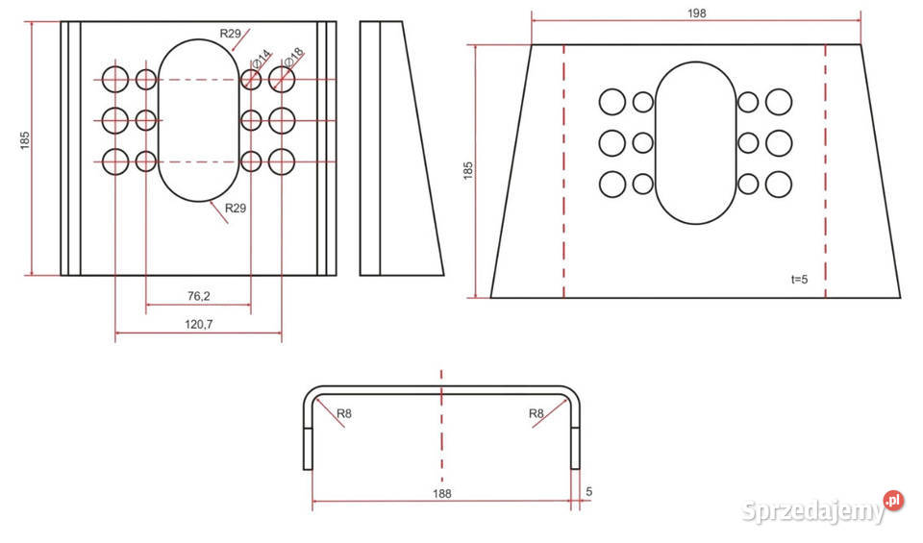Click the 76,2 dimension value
tap(198, 296)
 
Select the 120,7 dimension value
tap(198, 324)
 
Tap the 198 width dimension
tap(696, 12)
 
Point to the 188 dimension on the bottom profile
tap(441, 493)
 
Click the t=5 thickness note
tap(799, 280)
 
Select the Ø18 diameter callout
tap(294, 57)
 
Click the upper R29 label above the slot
tap(230, 34)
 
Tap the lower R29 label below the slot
tap(236, 208)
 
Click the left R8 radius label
tap(344, 413)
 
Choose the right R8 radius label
tap(536, 413)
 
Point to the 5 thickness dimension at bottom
tap(589, 491)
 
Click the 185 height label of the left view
tap(25, 140)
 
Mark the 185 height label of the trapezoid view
tap(468, 171)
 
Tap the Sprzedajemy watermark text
tap(813, 511)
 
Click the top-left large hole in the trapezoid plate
tap(612, 102)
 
